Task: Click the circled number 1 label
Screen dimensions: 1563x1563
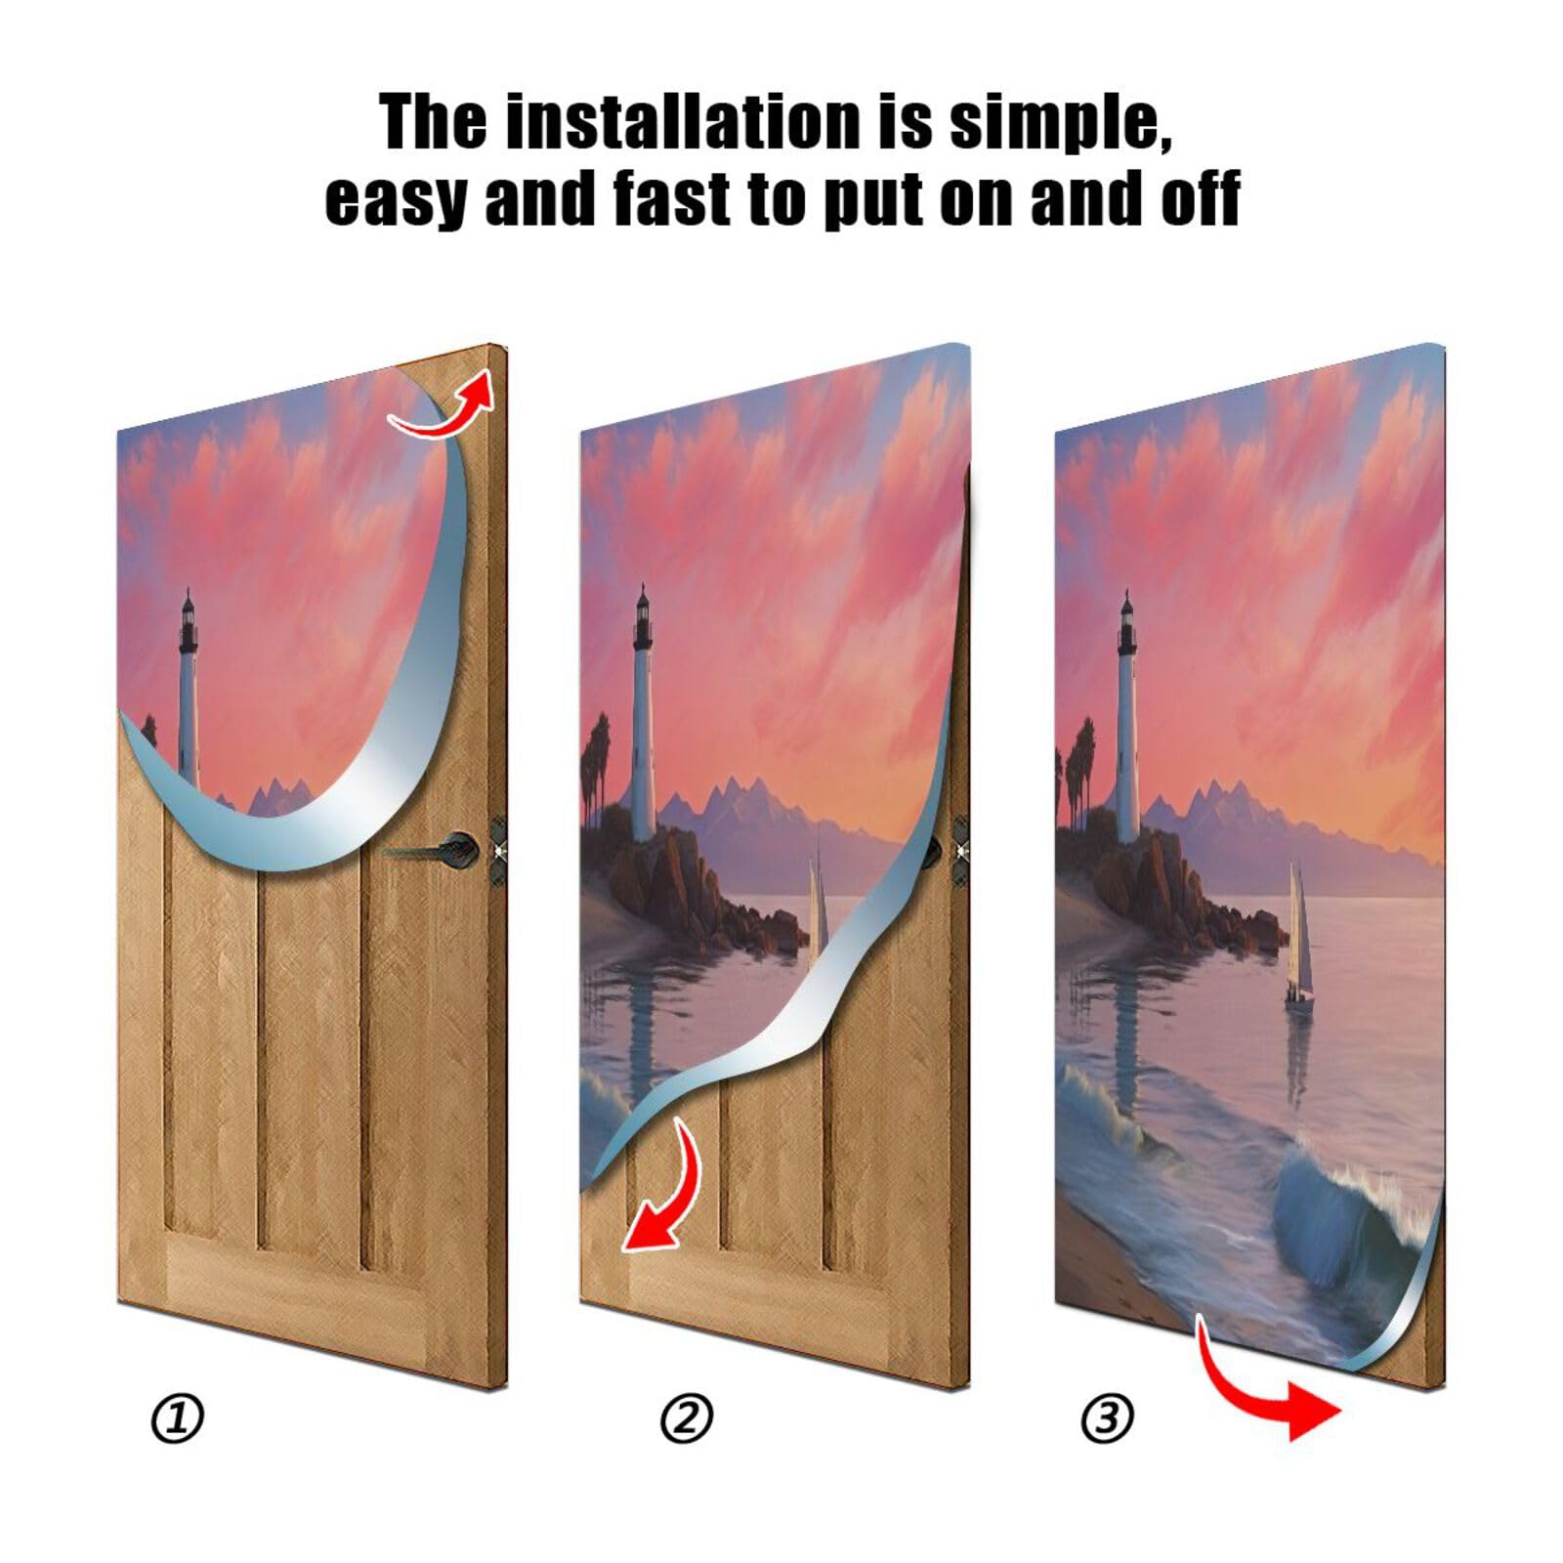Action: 177,1418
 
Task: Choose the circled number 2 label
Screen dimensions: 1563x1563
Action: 687,1418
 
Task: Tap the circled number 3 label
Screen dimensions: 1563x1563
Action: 1107,1418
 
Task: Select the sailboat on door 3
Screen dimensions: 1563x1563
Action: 1297,938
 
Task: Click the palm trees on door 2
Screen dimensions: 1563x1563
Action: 596,757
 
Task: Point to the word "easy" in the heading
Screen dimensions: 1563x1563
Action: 396,198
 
